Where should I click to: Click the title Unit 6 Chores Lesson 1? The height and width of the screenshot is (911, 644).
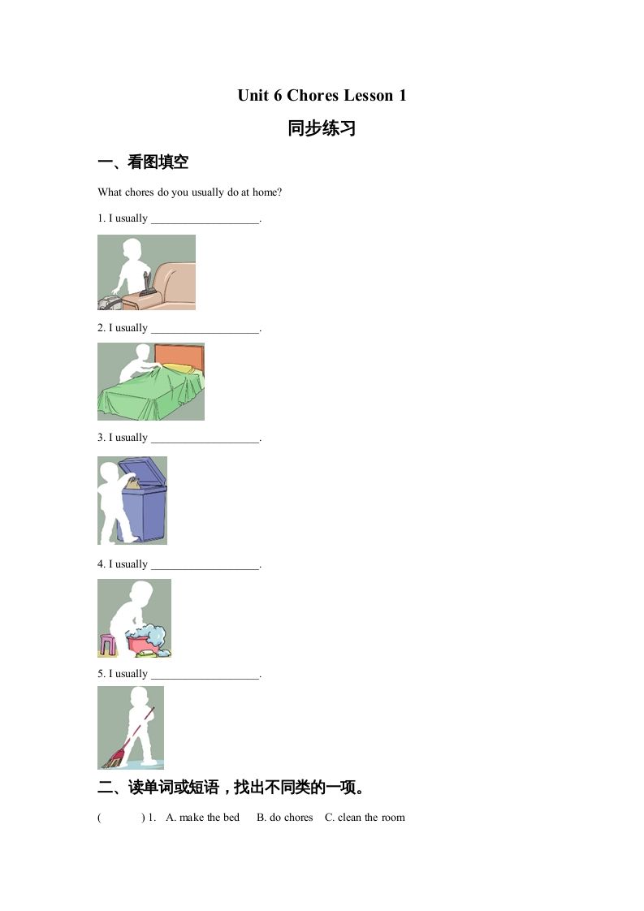click(x=322, y=96)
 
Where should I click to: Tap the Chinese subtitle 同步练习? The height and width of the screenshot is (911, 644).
click(x=322, y=129)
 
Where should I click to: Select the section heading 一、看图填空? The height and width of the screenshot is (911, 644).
click(x=143, y=162)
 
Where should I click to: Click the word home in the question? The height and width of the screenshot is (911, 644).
click(x=265, y=192)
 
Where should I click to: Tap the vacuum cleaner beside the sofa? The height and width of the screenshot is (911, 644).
click(x=114, y=300)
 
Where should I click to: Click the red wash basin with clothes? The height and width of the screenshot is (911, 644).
click(x=148, y=641)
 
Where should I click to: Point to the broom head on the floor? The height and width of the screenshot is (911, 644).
click(x=113, y=758)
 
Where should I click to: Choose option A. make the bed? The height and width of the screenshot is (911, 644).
click(x=203, y=818)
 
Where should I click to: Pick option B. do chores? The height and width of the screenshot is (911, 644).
click(x=284, y=818)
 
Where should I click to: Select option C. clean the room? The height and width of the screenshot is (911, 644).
click(x=365, y=818)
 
